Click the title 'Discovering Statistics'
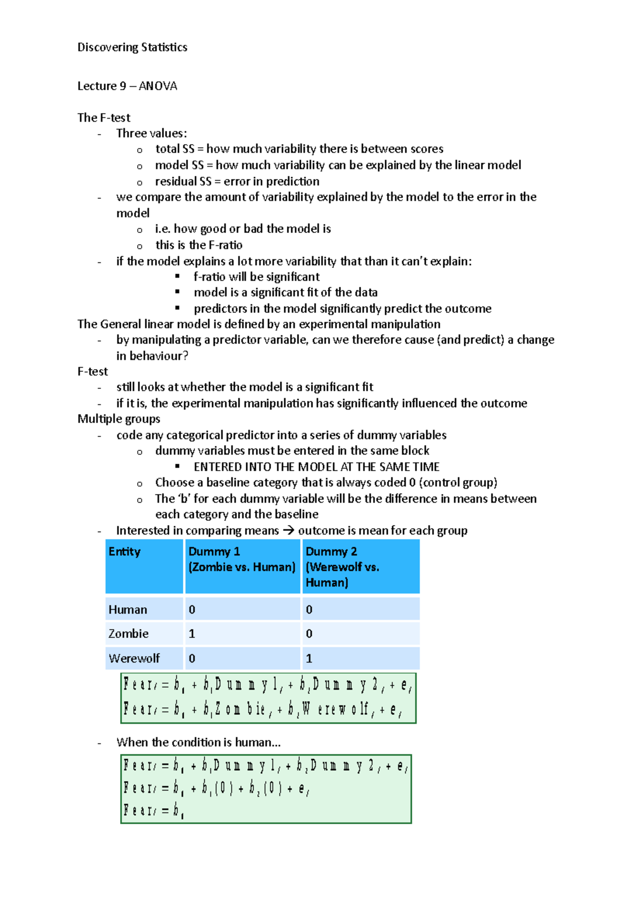[x=132, y=48]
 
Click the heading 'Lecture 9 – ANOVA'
[x=127, y=86]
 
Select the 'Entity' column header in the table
[x=124, y=552]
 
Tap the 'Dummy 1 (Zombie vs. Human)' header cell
[x=241, y=559]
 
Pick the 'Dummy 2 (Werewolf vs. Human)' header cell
[x=342, y=567]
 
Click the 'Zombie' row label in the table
[x=128, y=634]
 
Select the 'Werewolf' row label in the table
[x=134, y=659]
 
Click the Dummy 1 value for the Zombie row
[x=192, y=634]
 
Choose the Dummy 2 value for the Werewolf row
[x=309, y=659]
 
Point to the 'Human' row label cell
[x=128, y=610]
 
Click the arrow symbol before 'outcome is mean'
[x=288, y=531]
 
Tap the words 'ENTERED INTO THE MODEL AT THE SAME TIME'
[x=316, y=467]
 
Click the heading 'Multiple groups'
[x=119, y=419]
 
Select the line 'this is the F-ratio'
[x=199, y=245]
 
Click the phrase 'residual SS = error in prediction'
[x=237, y=182]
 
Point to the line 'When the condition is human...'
[x=198, y=742]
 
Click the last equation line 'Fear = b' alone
[x=154, y=811]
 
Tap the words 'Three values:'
[x=152, y=134]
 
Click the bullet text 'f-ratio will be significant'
[x=256, y=277]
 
